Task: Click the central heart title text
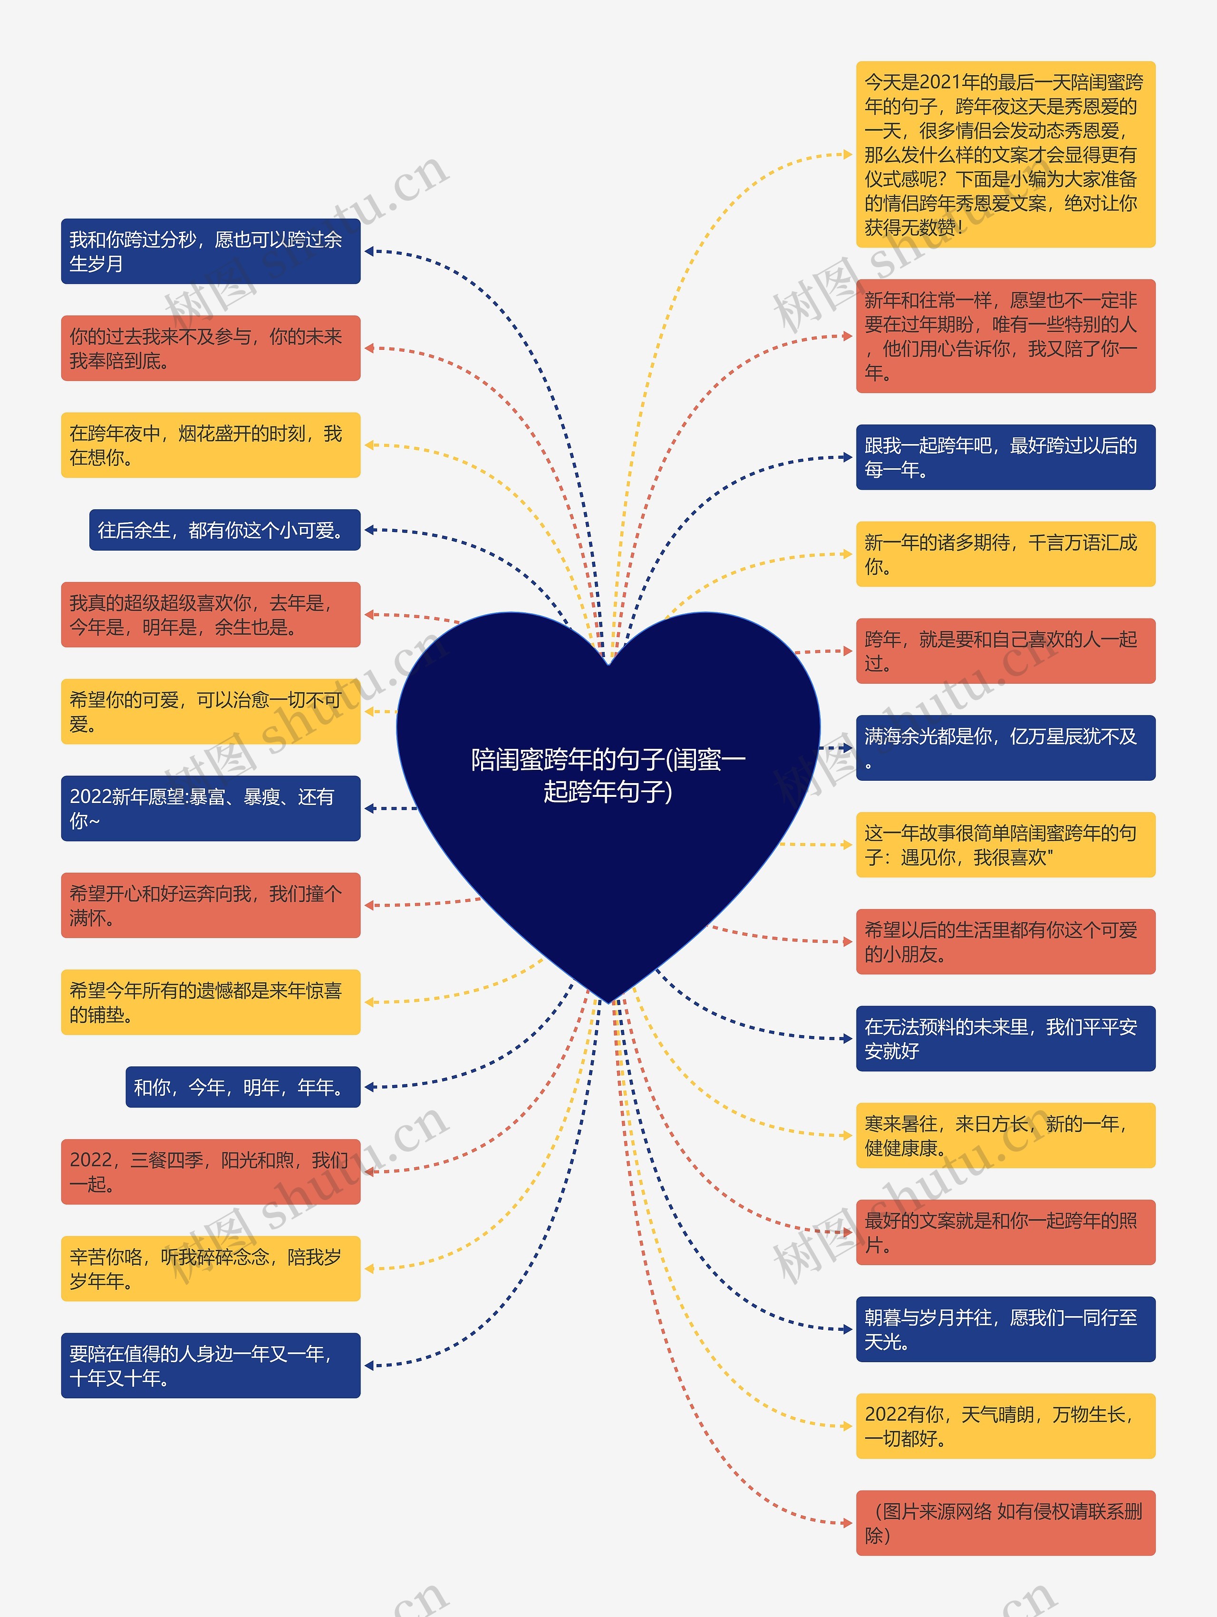click(608, 775)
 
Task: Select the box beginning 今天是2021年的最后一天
click(1005, 154)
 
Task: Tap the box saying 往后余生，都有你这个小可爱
click(224, 530)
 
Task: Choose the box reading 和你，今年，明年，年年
click(242, 1087)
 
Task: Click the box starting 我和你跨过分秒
click(211, 252)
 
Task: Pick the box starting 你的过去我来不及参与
click(211, 348)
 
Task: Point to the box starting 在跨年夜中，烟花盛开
click(211, 445)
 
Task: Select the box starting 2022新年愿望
click(211, 808)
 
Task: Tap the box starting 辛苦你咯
click(211, 1268)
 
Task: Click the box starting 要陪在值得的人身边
click(211, 1365)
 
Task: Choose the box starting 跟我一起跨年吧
click(1005, 457)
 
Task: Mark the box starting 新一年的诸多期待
click(1005, 554)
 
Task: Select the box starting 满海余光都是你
click(1005, 748)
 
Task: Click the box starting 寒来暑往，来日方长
click(1005, 1135)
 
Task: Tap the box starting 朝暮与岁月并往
click(1005, 1329)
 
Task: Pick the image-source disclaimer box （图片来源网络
click(1005, 1523)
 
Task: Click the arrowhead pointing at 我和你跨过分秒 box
click(369, 252)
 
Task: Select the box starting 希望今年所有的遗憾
click(211, 1002)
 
